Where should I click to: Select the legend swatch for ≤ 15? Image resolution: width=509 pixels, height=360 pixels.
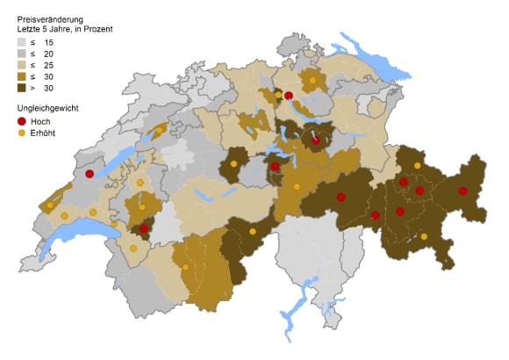click(x=22, y=42)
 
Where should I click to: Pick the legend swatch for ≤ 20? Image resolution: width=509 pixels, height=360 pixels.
click(x=22, y=54)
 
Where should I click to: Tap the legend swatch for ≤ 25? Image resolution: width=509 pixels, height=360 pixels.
click(x=22, y=65)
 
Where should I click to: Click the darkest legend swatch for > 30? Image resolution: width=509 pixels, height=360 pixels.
click(x=22, y=88)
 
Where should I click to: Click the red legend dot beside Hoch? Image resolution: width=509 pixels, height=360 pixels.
click(x=22, y=120)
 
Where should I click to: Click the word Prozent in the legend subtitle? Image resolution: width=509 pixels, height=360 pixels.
click(x=96, y=29)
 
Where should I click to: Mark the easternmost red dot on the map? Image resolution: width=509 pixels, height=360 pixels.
click(x=462, y=191)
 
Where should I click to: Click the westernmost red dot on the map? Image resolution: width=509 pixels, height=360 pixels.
click(x=89, y=174)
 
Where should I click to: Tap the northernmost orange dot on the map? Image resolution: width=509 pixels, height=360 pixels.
click(x=312, y=81)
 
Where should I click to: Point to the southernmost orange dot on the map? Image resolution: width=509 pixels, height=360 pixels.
click(x=186, y=267)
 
